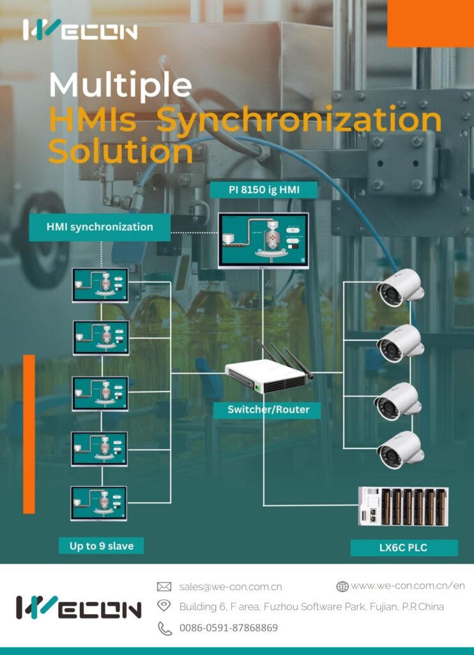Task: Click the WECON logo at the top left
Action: pos(80,30)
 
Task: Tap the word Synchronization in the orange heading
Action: pos(300,120)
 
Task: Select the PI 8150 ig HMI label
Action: pos(264,189)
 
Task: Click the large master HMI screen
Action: pos(263,240)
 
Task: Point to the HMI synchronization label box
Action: pos(100,227)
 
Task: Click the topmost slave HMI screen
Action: pos(100,285)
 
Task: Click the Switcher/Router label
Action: pos(268,409)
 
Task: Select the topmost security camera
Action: pos(400,288)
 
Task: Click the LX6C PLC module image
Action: pos(403,506)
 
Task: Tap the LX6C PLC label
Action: pos(404,548)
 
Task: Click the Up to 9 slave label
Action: pos(106,546)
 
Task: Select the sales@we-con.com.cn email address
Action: pos(231,587)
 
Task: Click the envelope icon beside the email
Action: pos(164,587)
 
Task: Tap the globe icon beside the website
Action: pos(342,586)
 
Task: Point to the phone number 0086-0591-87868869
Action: pos(229,628)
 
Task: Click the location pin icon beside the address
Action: pos(164,606)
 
